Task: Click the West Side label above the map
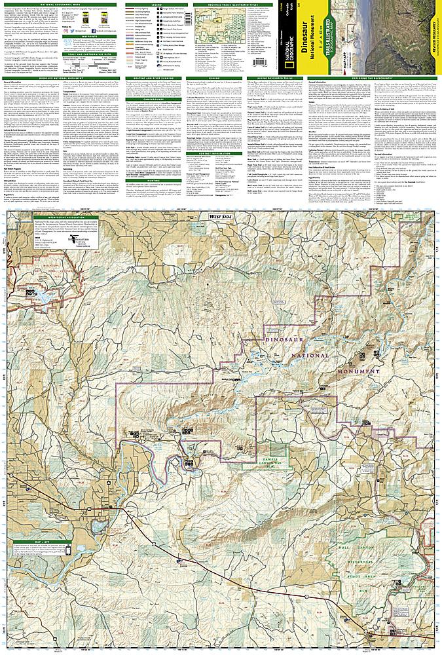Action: pyautogui.click(x=221, y=215)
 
